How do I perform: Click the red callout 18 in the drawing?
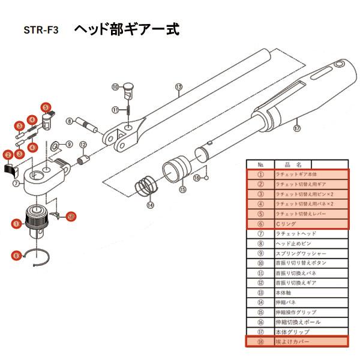(x=71, y=215)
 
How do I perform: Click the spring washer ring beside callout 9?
(x=56, y=145)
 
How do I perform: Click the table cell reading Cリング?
(x=310, y=224)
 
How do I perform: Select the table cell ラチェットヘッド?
(x=310, y=234)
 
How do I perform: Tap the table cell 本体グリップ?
(x=310, y=332)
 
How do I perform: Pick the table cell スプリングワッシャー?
(x=310, y=253)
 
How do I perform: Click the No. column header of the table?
(x=260, y=164)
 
